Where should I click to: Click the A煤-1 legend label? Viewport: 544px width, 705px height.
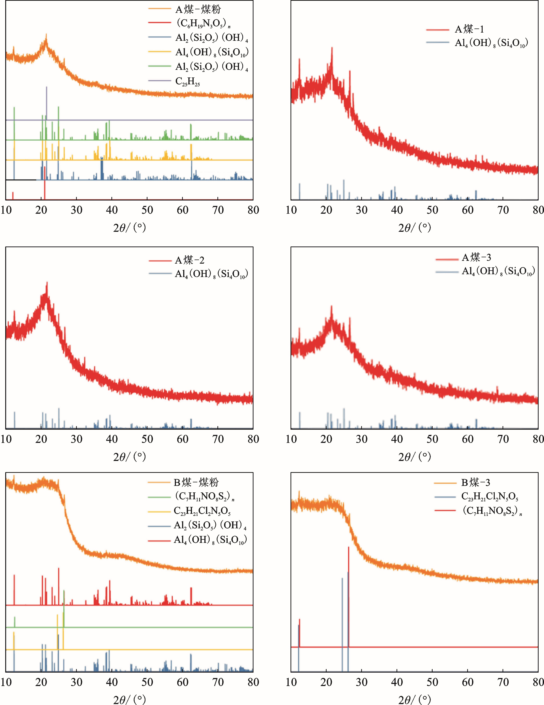[469, 29]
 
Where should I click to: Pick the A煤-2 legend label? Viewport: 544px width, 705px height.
[190, 260]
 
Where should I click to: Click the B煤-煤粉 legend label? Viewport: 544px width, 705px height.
[196, 483]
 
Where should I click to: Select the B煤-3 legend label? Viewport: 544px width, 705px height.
[475, 483]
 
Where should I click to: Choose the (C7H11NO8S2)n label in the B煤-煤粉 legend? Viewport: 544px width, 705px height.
[204, 497]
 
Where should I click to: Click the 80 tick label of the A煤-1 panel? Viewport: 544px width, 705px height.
[537, 210]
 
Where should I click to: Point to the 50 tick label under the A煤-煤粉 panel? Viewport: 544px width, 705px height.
[147, 210]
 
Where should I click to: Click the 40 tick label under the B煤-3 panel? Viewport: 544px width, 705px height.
[397, 682]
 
